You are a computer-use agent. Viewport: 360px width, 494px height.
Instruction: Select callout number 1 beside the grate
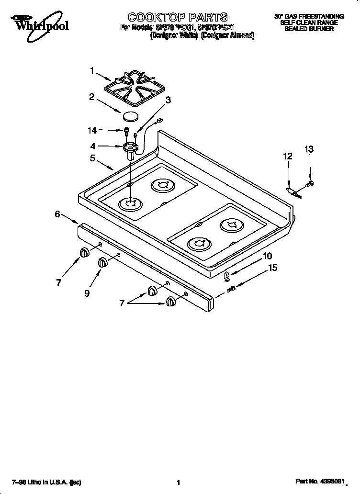[x=92, y=70]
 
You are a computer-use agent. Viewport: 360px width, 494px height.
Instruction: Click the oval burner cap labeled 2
[x=130, y=116]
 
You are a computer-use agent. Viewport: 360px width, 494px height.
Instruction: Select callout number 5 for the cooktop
[x=92, y=158]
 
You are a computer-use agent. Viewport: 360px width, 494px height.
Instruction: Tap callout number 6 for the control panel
[x=57, y=214]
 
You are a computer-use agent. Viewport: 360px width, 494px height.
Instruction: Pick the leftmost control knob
[x=84, y=253]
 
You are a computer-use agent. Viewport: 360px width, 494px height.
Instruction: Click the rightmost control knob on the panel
[x=171, y=301]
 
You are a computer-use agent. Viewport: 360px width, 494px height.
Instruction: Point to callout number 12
[x=287, y=156]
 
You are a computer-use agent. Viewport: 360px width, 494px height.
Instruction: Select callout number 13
[x=309, y=150]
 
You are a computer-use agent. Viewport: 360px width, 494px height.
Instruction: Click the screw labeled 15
[x=231, y=288]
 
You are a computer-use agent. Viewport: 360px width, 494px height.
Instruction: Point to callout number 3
[x=168, y=100]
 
